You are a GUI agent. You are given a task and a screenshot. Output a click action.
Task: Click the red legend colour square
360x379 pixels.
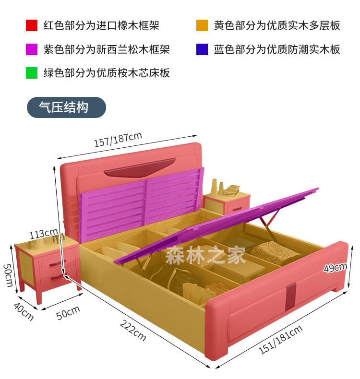(x=32, y=25)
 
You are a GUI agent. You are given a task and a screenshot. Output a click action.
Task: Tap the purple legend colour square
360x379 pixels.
(x=32, y=49)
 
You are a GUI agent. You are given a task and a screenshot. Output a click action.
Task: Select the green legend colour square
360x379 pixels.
(x=32, y=73)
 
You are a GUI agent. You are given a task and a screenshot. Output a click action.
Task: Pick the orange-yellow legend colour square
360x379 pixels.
(x=202, y=25)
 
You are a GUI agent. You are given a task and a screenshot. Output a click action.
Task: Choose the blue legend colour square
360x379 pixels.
(x=202, y=49)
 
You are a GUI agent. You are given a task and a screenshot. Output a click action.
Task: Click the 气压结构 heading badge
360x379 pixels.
(x=66, y=107)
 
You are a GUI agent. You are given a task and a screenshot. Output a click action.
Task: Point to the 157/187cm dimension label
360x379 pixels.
(x=118, y=140)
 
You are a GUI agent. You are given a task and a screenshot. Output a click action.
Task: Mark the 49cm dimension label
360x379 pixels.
(x=335, y=268)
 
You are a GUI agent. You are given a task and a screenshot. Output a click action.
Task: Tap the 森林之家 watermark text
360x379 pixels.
(x=205, y=255)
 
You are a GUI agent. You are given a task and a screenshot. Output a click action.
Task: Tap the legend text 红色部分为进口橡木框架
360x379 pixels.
(x=101, y=25)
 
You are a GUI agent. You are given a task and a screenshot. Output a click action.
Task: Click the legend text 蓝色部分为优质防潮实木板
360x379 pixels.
(x=277, y=49)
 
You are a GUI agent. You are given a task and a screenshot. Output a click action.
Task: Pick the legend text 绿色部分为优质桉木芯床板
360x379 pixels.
(x=106, y=73)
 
